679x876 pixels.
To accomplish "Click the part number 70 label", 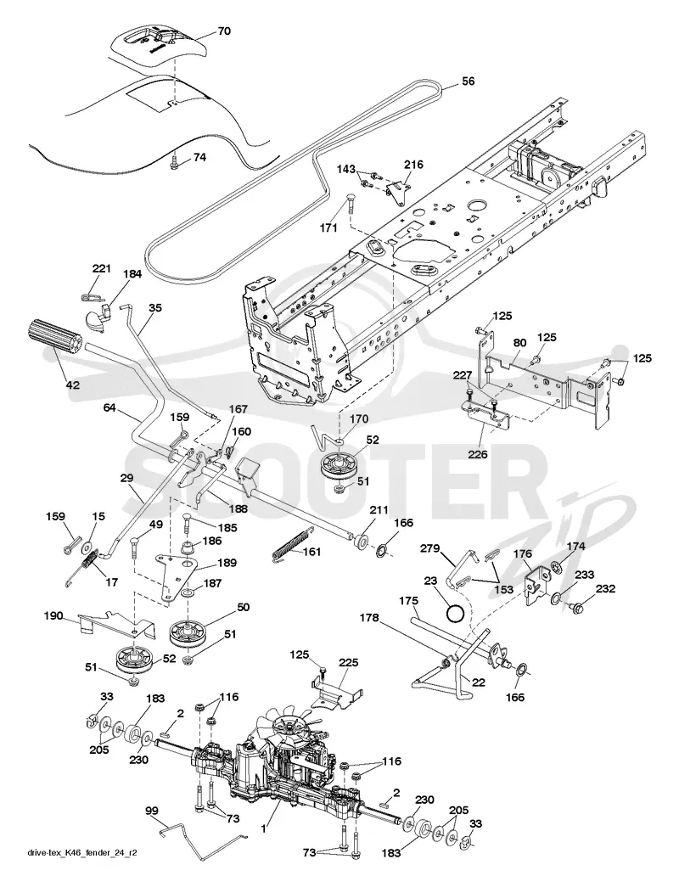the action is point(223,31).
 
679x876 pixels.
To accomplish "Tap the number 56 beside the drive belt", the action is point(468,81).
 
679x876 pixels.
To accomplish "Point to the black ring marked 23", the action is point(455,614).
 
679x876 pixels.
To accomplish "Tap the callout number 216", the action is point(413,165).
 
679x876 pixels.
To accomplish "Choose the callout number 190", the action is point(53,615).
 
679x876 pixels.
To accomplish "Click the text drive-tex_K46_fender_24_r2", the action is point(82,852).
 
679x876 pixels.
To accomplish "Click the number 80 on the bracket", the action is point(519,343).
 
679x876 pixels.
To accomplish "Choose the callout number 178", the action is point(368,618).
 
